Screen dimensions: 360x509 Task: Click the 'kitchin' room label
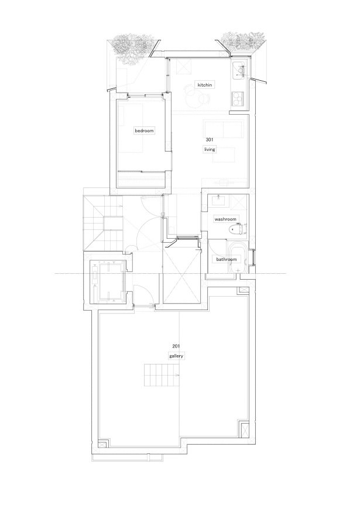click(x=205, y=85)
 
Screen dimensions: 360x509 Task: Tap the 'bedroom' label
click(x=144, y=130)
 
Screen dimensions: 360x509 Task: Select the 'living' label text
click(x=209, y=150)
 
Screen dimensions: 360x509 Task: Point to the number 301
click(x=209, y=140)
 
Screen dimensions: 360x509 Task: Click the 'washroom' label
click(x=225, y=219)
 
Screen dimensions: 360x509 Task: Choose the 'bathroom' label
click(x=227, y=259)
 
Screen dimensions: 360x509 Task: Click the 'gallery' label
click(x=176, y=356)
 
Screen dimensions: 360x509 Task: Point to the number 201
click(x=176, y=346)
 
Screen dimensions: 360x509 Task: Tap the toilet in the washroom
click(x=237, y=230)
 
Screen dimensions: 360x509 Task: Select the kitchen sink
click(x=240, y=70)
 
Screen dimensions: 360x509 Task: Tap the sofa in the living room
click(x=224, y=128)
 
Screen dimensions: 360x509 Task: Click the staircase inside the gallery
click(x=161, y=375)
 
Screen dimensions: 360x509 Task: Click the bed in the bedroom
click(x=131, y=126)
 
